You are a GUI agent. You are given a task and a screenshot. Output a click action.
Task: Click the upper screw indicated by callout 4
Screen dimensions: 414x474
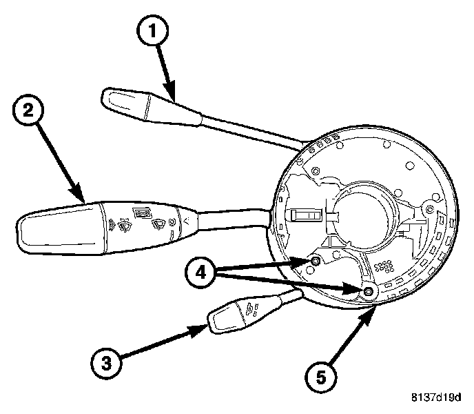click(x=315, y=261)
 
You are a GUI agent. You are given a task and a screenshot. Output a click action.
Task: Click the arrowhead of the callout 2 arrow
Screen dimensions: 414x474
click(x=81, y=201)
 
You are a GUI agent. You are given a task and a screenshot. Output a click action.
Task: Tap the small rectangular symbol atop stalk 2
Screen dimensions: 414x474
click(x=143, y=212)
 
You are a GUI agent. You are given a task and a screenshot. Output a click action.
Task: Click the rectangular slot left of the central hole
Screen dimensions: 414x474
click(x=302, y=216)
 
